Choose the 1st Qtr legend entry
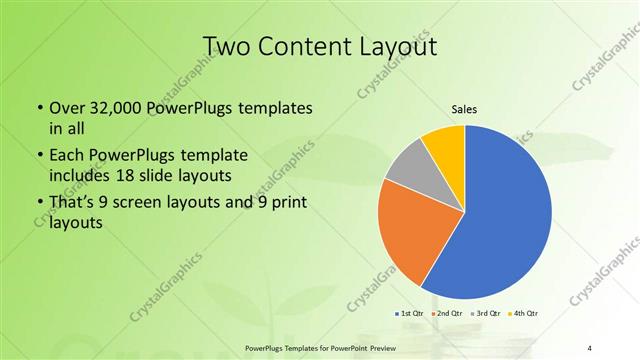coord(410,314)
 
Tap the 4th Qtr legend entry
coord(527,314)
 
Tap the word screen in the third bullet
coord(162,205)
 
